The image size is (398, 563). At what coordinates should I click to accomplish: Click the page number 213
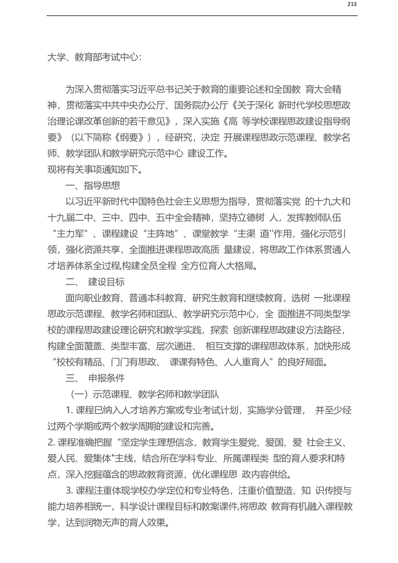(x=351, y=5)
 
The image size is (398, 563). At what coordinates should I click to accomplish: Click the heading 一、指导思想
(x=93, y=186)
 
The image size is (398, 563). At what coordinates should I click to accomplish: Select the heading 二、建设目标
(x=95, y=282)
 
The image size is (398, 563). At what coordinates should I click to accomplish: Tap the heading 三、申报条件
(x=95, y=378)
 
